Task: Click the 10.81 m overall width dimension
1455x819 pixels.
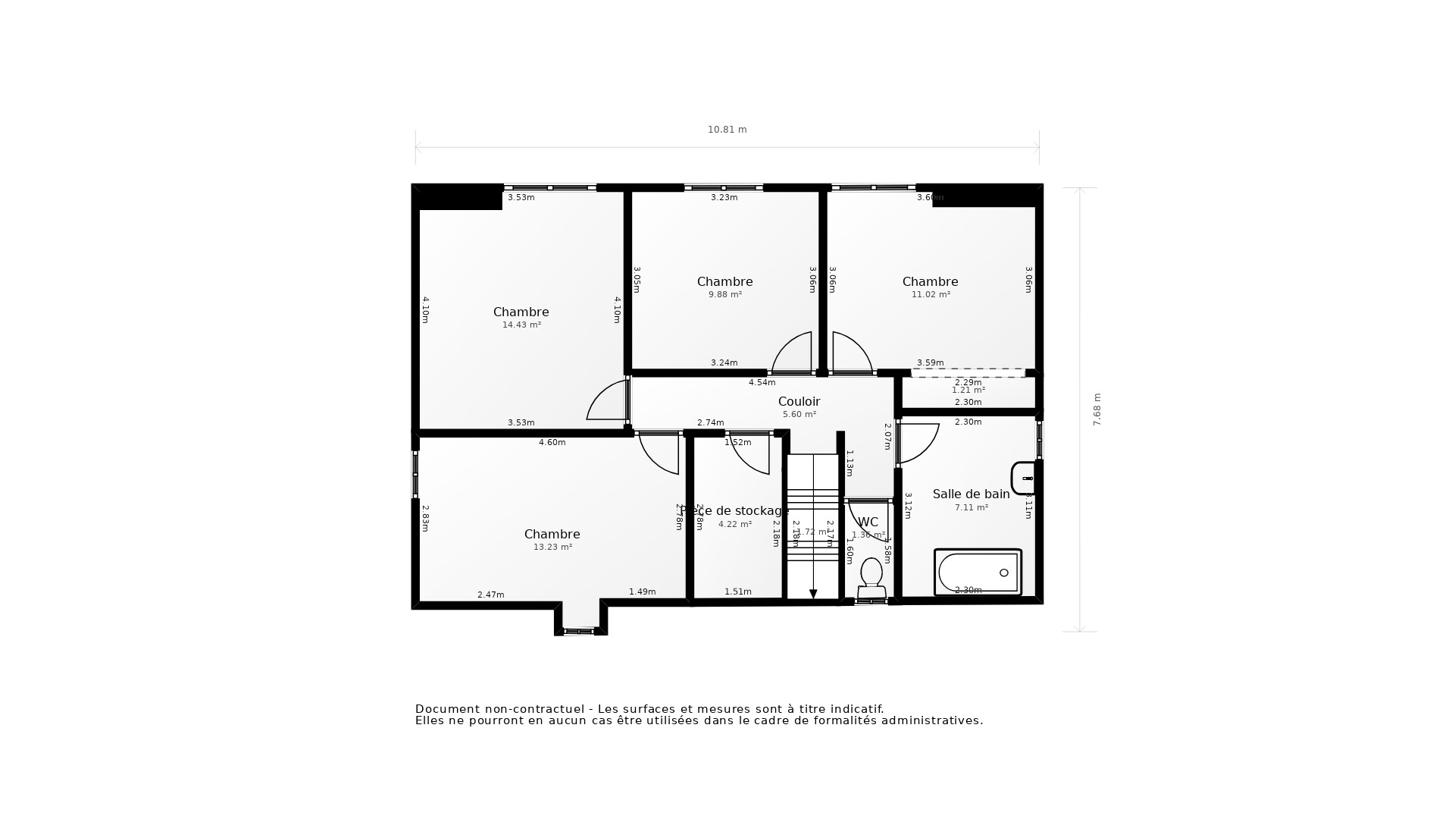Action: click(x=727, y=130)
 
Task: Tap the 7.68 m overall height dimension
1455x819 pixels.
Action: click(x=1097, y=409)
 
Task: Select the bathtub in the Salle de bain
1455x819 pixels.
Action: click(x=978, y=573)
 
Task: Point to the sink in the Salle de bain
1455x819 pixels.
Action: click(x=1024, y=478)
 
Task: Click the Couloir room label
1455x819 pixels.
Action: click(x=799, y=402)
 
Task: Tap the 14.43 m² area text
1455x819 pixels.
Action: click(x=521, y=325)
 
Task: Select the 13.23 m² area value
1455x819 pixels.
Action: click(x=552, y=548)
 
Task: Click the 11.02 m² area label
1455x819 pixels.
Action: click(x=930, y=295)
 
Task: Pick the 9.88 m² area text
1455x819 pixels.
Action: click(x=724, y=295)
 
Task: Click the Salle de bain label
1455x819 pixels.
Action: click(x=971, y=494)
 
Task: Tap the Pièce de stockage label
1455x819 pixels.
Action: click(x=734, y=511)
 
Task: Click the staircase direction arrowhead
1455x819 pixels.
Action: click(x=813, y=595)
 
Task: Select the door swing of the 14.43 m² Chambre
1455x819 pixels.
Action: click(x=609, y=402)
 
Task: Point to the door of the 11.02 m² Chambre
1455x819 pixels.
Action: click(x=850, y=353)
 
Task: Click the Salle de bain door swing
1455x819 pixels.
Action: click(x=917, y=443)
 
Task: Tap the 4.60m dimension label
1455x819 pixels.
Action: click(x=552, y=443)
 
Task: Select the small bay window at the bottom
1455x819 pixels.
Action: click(x=579, y=630)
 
